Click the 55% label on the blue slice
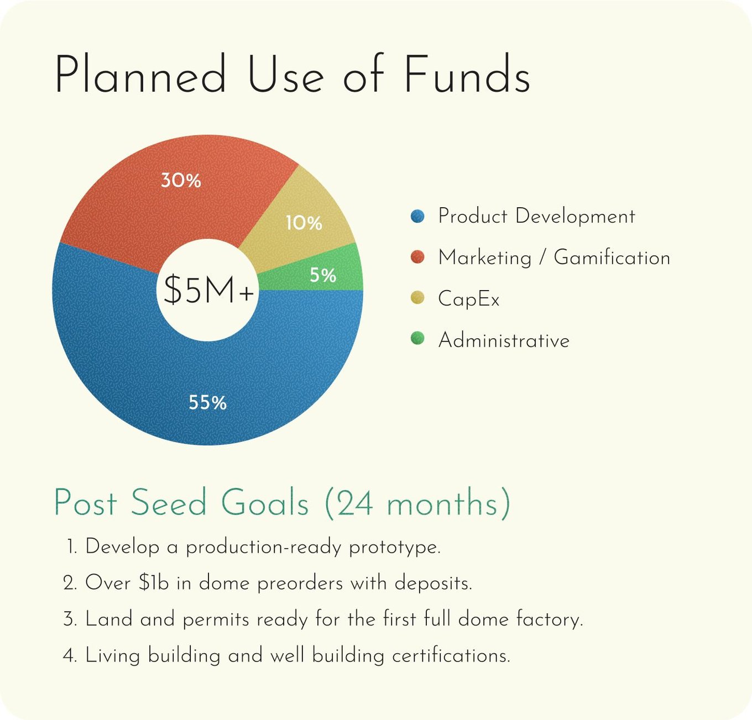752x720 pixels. tap(207, 402)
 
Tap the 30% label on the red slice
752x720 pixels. tap(181, 180)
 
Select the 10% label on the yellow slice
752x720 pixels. tap(304, 223)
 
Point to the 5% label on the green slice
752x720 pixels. tap(323, 275)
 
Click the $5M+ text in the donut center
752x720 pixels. tap(208, 290)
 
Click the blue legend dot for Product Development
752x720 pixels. tap(417, 216)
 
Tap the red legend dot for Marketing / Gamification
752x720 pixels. tap(417, 257)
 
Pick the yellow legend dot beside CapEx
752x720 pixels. tap(417, 298)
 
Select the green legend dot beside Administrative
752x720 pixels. tap(417, 338)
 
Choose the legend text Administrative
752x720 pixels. tap(504, 340)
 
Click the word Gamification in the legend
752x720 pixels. tap(612, 257)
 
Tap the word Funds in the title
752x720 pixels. tap(467, 73)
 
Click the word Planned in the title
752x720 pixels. tap(140, 73)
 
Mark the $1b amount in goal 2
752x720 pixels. tap(154, 582)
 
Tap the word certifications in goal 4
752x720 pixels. tap(451, 655)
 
